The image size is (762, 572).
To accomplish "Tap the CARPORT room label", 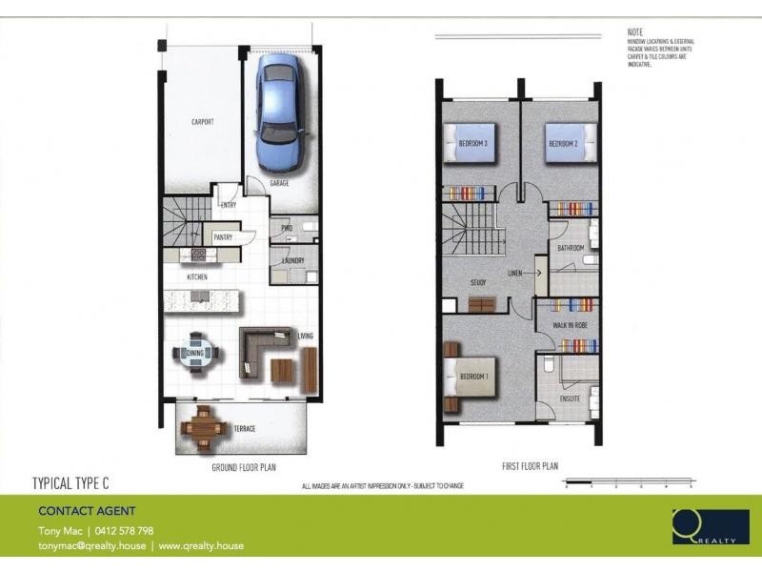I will [202, 122].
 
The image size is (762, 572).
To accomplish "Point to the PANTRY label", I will [224, 236].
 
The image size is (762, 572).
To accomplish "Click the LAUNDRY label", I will [292, 260].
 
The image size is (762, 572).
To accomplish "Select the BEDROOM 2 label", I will [563, 144].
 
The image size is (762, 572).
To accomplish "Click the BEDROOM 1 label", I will [473, 376].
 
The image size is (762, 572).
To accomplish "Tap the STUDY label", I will [478, 282].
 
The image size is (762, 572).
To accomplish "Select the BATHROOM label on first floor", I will [571, 248].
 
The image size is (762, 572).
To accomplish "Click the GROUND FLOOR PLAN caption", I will [243, 468].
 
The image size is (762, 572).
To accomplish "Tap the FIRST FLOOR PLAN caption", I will [530, 466].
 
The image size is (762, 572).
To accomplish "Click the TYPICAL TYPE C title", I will [77, 483].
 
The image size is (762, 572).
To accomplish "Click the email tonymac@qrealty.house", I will [90, 546].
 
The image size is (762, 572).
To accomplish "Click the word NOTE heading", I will [635, 32].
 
